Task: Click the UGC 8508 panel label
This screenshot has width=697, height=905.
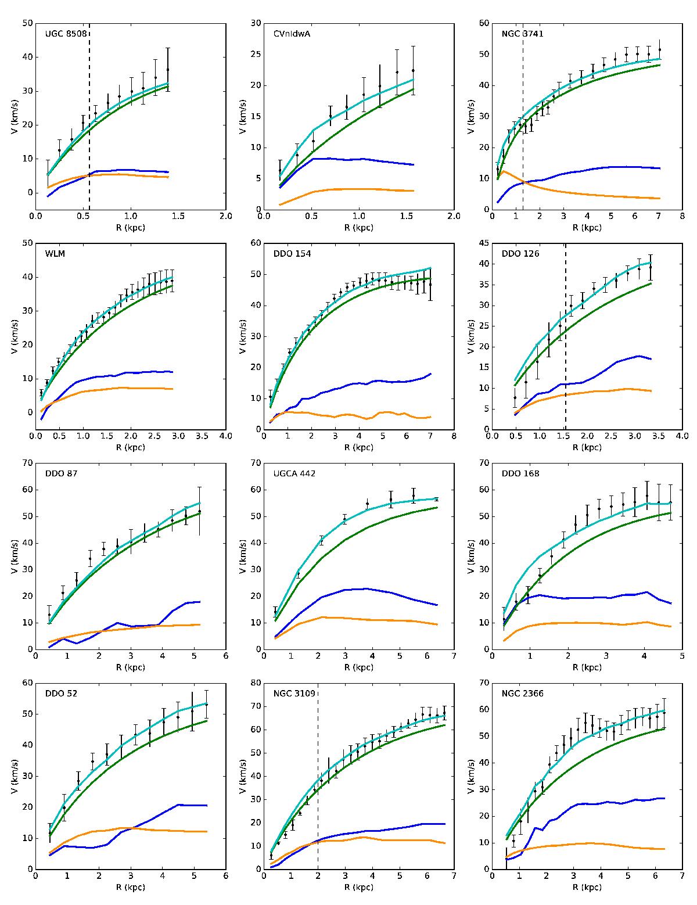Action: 66,34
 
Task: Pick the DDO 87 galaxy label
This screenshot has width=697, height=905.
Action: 62,473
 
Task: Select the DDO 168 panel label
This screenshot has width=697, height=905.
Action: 520,473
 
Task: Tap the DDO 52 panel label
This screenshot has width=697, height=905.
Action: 62,693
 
